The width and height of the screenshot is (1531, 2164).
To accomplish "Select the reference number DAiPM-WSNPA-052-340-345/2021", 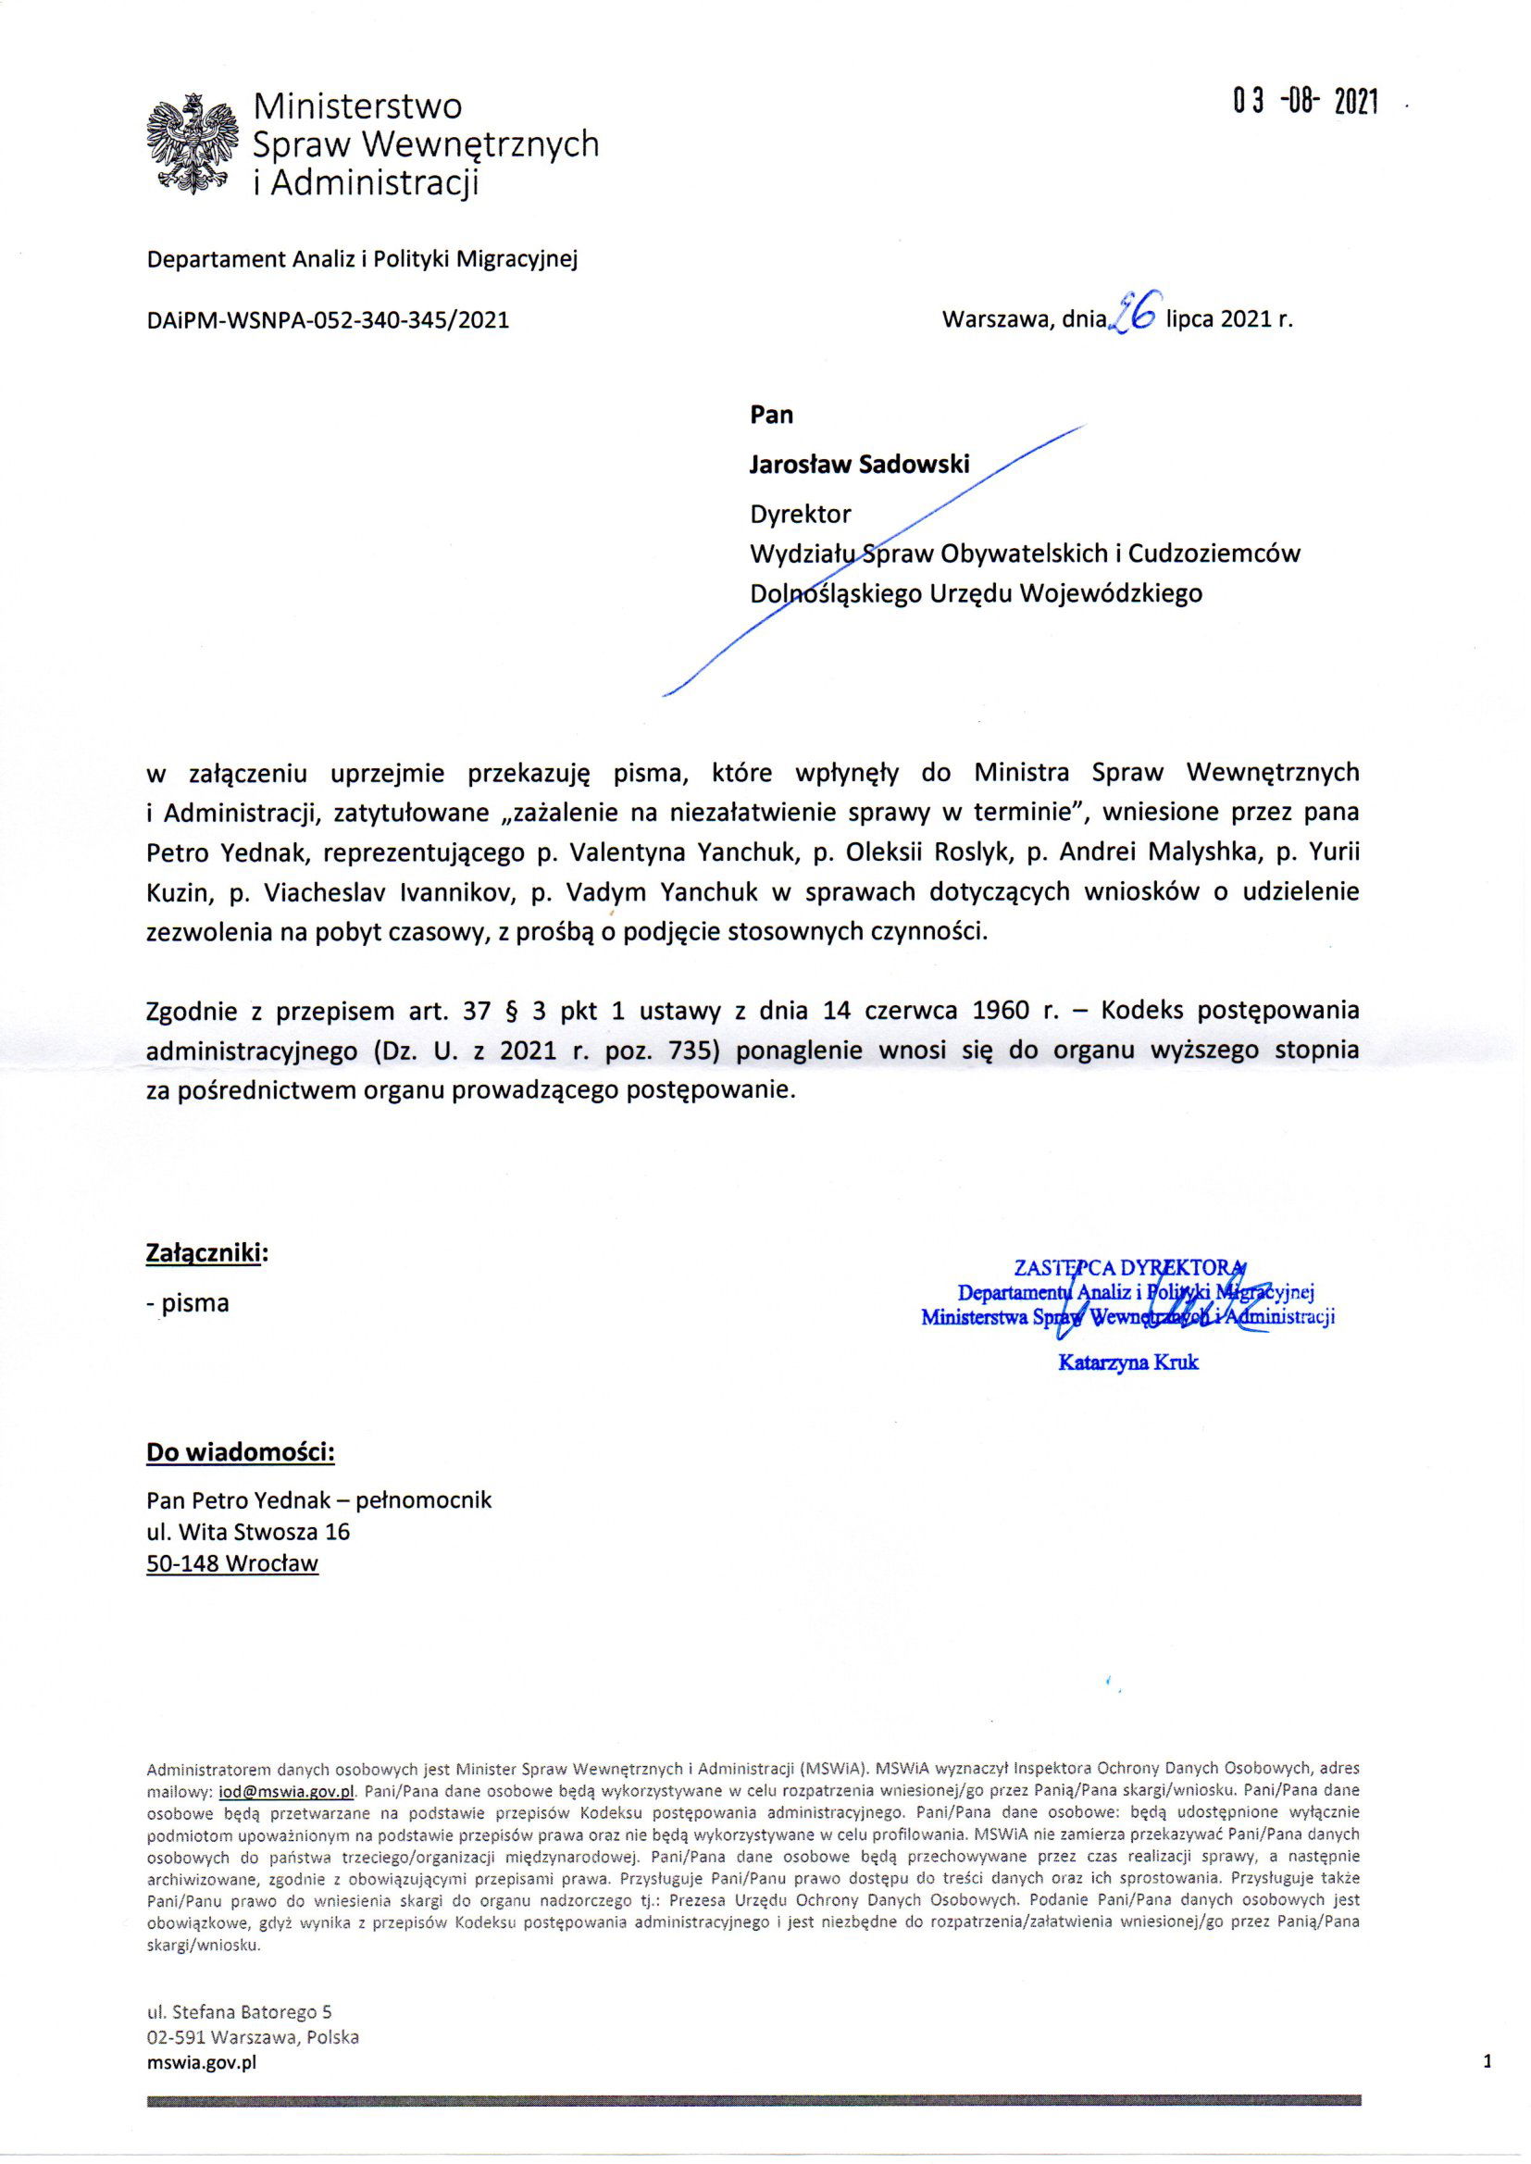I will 328,320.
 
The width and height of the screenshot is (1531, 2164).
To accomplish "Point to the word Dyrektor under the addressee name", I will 800,515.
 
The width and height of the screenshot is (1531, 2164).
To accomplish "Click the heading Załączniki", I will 206,1252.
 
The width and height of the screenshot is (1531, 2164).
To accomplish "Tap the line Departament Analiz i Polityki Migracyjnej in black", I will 361,259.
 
